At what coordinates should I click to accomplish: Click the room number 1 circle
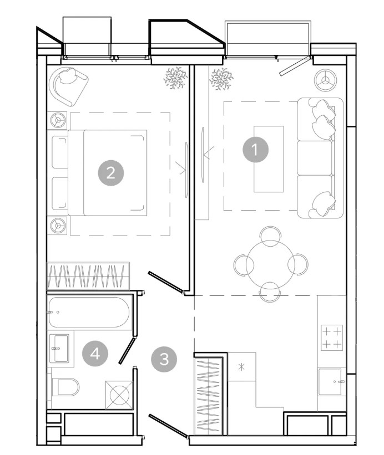[255, 150]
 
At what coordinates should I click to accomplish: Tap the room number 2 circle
[110, 173]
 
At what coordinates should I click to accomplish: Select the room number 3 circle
[164, 359]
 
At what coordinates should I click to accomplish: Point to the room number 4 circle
[95, 354]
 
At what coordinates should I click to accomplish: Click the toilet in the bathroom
[66, 387]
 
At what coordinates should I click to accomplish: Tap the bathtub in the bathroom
[89, 312]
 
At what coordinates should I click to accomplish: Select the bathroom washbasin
[59, 348]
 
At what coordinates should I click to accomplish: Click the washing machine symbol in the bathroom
[119, 395]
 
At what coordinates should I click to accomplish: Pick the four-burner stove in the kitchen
[332, 338]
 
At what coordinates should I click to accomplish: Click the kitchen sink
[330, 382]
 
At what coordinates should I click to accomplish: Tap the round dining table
[270, 264]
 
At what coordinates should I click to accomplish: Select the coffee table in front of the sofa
[269, 159]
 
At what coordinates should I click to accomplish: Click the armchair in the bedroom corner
[69, 86]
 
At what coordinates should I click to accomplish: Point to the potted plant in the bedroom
[175, 78]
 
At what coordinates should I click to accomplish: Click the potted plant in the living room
[221, 79]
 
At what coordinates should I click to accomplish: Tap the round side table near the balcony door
[325, 80]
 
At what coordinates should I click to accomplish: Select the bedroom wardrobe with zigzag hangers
[88, 276]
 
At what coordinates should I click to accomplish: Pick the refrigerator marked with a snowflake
[242, 367]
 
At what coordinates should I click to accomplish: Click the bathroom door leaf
[127, 350]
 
